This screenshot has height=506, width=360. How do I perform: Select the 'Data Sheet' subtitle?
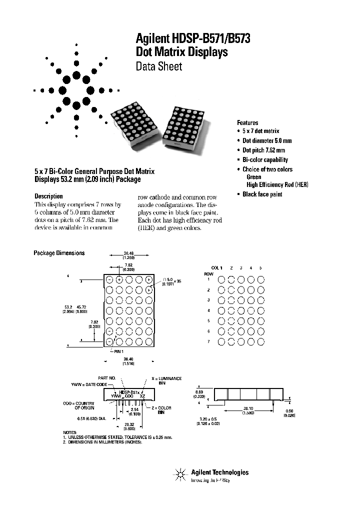tap(159, 66)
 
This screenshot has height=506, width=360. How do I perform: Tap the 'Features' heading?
tap(247, 122)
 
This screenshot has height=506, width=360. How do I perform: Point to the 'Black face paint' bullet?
tap(262, 194)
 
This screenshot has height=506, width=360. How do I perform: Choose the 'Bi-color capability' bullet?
tap(265, 160)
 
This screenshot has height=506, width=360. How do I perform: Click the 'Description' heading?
tap(48, 196)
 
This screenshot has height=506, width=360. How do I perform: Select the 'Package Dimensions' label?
tap(59, 253)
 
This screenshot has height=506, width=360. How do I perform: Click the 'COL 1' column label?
tap(216, 268)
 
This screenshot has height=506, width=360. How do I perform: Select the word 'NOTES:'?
tap(70, 432)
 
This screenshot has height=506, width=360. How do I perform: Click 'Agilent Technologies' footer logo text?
tap(219, 472)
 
